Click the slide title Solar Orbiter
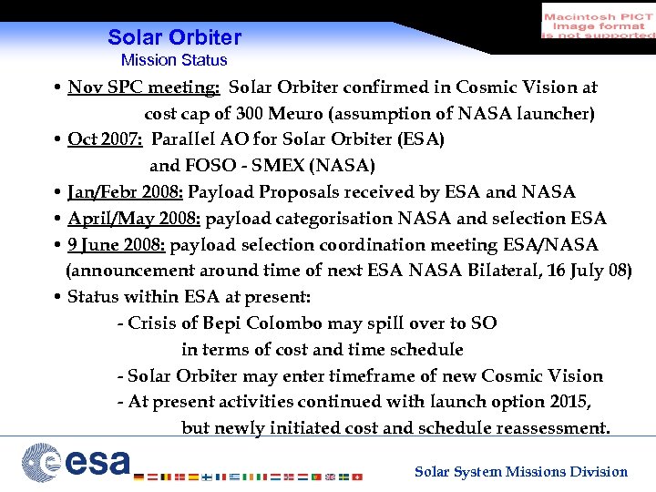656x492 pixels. point(174,38)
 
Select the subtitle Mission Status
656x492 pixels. point(174,60)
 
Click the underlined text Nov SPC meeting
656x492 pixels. point(144,87)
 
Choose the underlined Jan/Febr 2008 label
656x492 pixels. point(126,192)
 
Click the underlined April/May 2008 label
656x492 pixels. point(136,219)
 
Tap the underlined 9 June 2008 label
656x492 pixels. point(117,245)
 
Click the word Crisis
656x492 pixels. point(152,323)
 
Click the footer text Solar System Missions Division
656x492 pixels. point(521,472)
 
